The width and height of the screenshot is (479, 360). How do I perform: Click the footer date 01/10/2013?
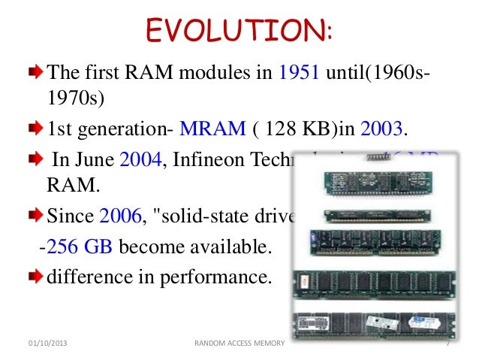(42, 343)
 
